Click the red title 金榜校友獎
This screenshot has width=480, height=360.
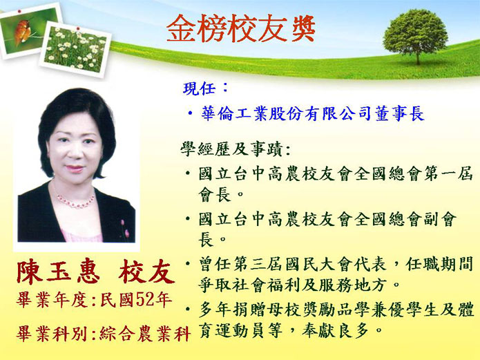pyautogui.click(x=241, y=28)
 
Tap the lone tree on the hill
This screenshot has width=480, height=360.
pyautogui.click(x=415, y=35)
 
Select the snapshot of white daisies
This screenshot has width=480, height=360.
pyautogui.click(x=75, y=49)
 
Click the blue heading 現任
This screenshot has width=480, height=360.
pyautogui.click(x=200, y=89)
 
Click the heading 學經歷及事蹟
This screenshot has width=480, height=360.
pyautogui.click(x=231, y=149)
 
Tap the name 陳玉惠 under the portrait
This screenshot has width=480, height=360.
pyautogui.click(x=58, y=272)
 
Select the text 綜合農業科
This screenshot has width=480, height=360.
pyautogui.click(x=145, y=333)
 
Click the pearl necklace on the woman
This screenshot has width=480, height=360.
pyautogui.click(x=75, y=200)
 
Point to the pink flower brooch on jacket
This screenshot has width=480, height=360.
pyautogui.click(x=124, y=230)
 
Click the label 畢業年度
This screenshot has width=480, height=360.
pyautogui.click(x=52, y=299)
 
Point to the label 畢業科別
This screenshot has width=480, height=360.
pyautogui.click(x=52, y=333)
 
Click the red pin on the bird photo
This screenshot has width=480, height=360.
pyautogui.click(x=19, y=12)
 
